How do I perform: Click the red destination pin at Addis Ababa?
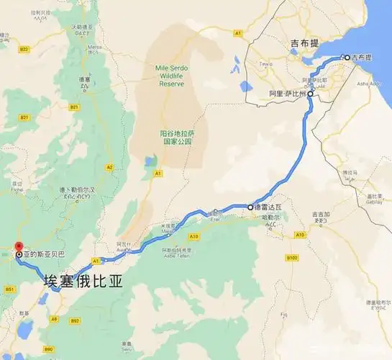point(19,248)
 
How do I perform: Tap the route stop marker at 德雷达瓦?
point(251,207)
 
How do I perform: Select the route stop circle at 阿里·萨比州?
point(311,94)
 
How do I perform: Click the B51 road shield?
point(10,289)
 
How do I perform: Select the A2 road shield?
point(110,167)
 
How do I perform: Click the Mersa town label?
point(94,49)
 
